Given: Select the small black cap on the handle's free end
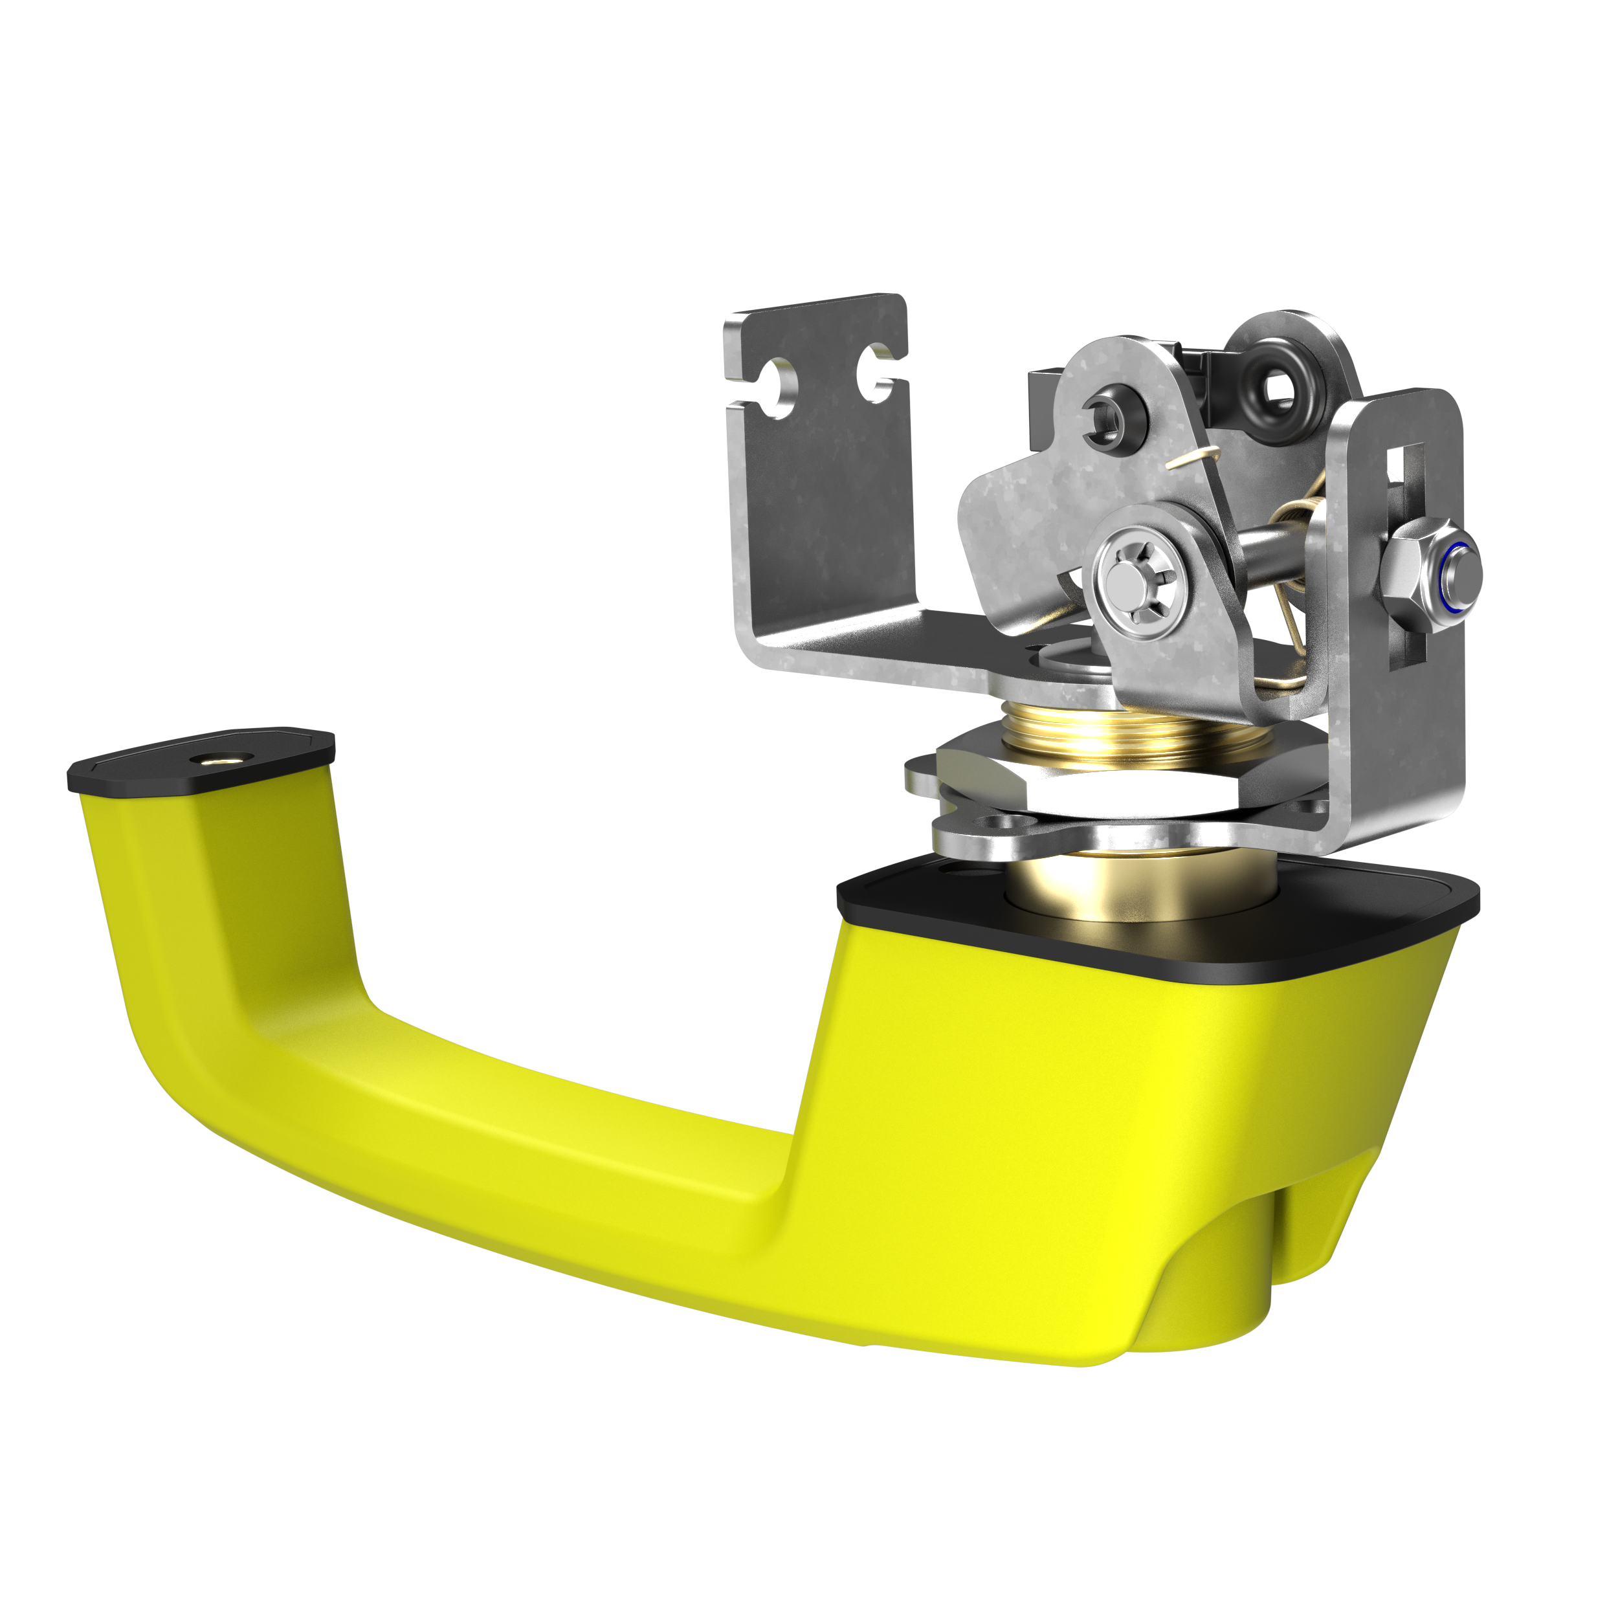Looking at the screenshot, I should point(201,762).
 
